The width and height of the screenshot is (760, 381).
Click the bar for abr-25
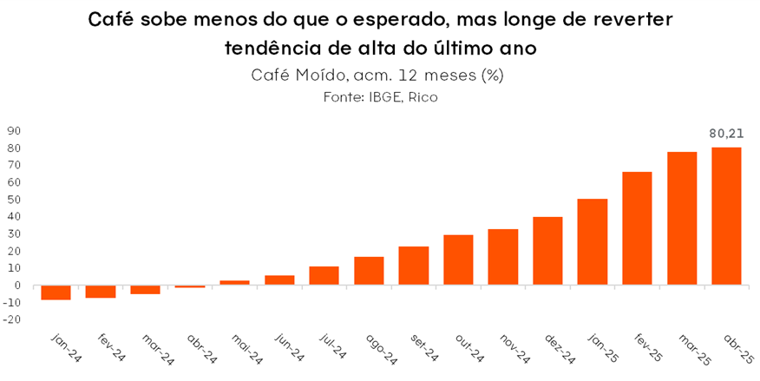pos(726,216)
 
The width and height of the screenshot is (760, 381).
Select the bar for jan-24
pos(56,292)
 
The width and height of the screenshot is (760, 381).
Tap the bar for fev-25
pos(637,228)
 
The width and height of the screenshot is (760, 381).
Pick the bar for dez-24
pos(547,251)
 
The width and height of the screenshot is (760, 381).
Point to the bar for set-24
pos(413,266)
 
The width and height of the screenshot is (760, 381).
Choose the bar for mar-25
pos(682,219)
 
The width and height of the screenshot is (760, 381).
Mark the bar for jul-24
pos(324,276)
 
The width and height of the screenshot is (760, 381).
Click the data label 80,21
pos(726,134)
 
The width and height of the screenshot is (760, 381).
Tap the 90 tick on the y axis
pos(14,131)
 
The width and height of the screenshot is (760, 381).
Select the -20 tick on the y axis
pos(11,319)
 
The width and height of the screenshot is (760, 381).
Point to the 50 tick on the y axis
pos(14,200)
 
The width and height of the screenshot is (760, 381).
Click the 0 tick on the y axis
pos(16,286)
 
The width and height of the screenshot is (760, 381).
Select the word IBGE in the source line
pos(387,97)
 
